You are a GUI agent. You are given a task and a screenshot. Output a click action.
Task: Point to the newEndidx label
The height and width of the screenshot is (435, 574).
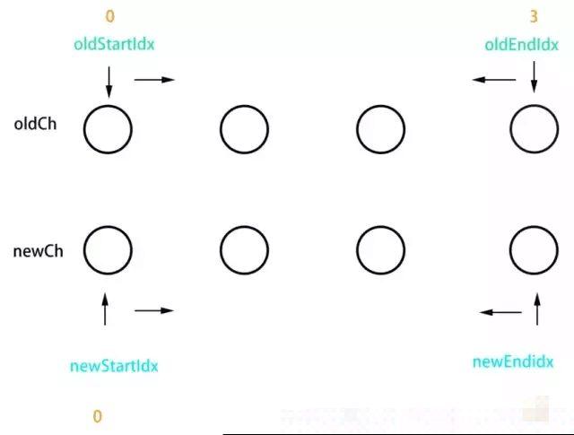tap(512, 361)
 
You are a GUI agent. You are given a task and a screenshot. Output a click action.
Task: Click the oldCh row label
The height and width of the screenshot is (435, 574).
tap(36, 125)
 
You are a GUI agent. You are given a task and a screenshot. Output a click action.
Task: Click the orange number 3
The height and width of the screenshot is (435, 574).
tap(534, 15)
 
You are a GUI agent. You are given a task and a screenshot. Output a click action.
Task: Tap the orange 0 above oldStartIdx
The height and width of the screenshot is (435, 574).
tap(109, 15)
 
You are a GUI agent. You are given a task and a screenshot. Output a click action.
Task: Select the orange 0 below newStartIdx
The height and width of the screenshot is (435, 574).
tap(98, 416)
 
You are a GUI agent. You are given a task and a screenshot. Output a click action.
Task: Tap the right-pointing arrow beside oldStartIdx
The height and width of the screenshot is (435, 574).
tap(154, 80)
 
